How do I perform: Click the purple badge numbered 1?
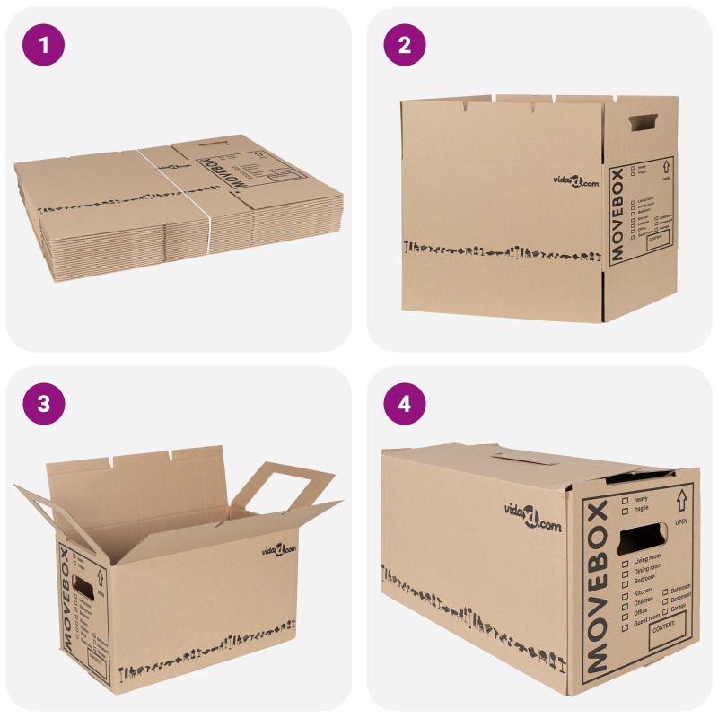click(44, 44)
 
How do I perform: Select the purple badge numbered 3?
click(44, 404)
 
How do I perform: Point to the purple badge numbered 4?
click(405, 404)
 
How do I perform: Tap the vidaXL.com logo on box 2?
click(575, 182)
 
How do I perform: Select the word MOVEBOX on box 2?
click(617, 215)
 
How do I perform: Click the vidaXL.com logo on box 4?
click(533, 514)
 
